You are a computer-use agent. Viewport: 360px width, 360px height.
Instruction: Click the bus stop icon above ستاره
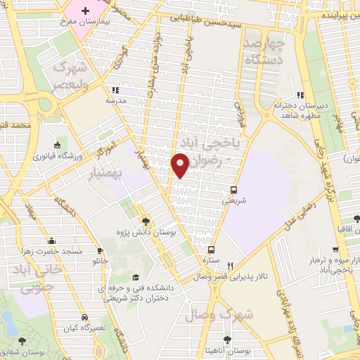coord(210,250)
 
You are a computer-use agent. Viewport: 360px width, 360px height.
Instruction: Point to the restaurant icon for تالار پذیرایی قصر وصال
coord(231,265)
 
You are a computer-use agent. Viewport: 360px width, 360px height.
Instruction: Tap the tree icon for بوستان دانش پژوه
coord(146,221)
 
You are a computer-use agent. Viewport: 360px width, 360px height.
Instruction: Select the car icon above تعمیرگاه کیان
coord(84,318)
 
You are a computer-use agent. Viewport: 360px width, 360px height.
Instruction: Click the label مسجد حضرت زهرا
coord(59,251)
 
